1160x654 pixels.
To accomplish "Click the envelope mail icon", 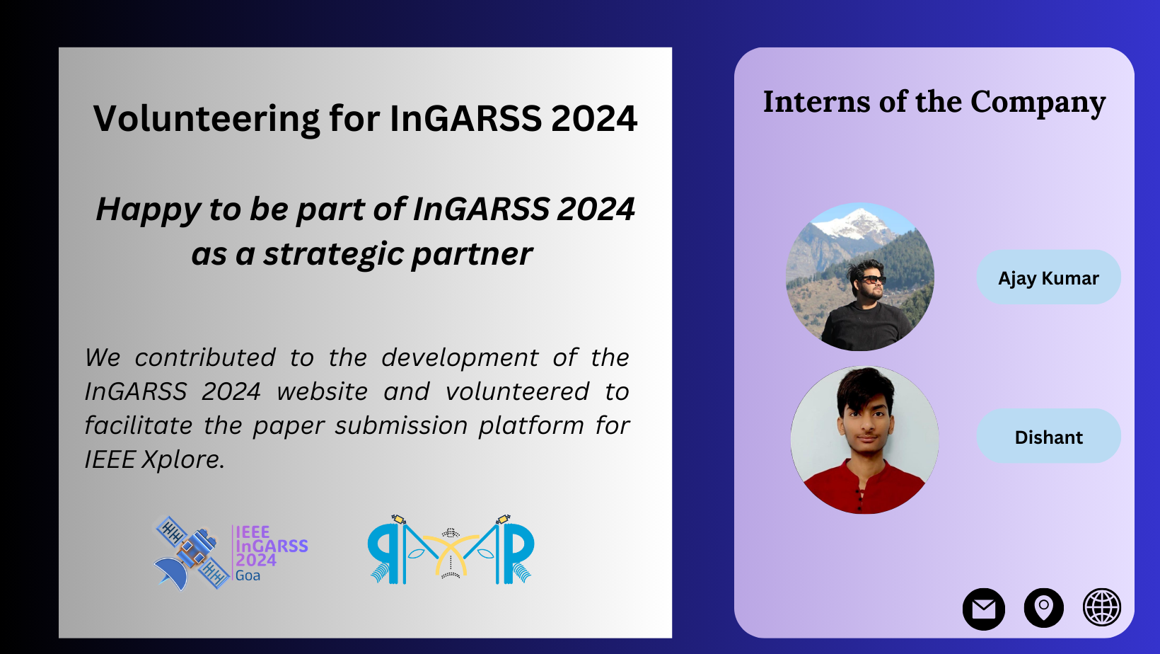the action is tap(983, 609).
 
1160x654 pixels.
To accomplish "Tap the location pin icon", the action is tap(1043, 608).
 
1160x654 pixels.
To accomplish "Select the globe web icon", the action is tap(1102, 607).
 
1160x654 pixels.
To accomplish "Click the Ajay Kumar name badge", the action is tap(1049, 277).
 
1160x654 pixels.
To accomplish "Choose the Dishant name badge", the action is tap(1049, 436).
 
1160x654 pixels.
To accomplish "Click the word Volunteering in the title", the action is tap(206, 119).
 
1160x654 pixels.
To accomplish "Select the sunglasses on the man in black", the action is tap(871, 280).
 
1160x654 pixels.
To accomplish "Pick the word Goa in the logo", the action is tap(248, 575).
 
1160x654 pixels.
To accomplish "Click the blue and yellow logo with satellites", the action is tap(451, 549).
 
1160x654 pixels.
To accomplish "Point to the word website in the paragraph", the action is tap(322, 391).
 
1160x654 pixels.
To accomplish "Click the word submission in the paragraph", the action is tap(401, 425).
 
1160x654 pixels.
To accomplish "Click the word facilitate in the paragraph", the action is tap(137, 425).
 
